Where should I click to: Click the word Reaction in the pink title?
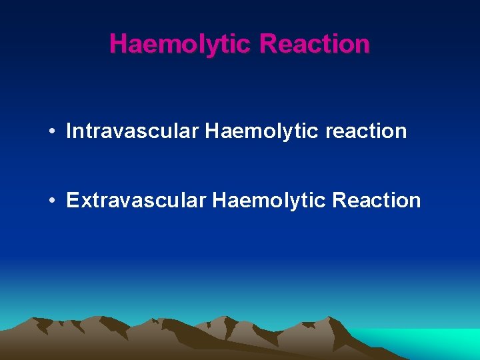point(315,44)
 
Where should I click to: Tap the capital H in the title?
point(118,44)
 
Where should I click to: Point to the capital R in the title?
point(269,44)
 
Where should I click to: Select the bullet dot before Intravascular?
point(51,131)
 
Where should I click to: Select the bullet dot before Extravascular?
point(51,200)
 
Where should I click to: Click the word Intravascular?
point(133,131)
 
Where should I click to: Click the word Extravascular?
point(136,200)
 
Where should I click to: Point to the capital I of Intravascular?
point(69,131)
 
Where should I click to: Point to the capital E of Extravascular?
point(73,200)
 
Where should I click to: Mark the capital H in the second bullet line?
point(219,200)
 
